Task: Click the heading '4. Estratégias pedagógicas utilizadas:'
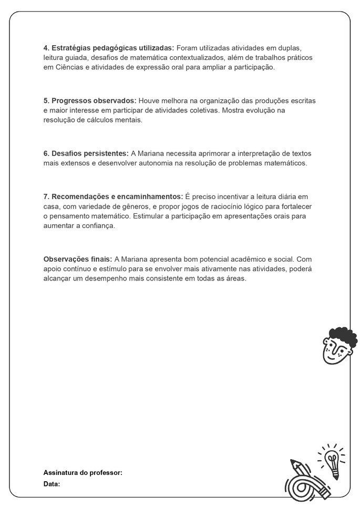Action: coord(108,48)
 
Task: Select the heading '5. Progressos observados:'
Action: coord(90,100)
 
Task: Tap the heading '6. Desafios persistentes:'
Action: coord(86,153)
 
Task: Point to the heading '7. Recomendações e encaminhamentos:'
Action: coord(113,196)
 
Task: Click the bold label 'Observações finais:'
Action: coord(77,259)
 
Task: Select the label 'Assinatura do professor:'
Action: coord(83,473)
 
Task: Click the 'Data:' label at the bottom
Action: coord(52,483)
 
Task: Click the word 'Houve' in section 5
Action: coord(150,100)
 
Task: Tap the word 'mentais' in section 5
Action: coord(129,120)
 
